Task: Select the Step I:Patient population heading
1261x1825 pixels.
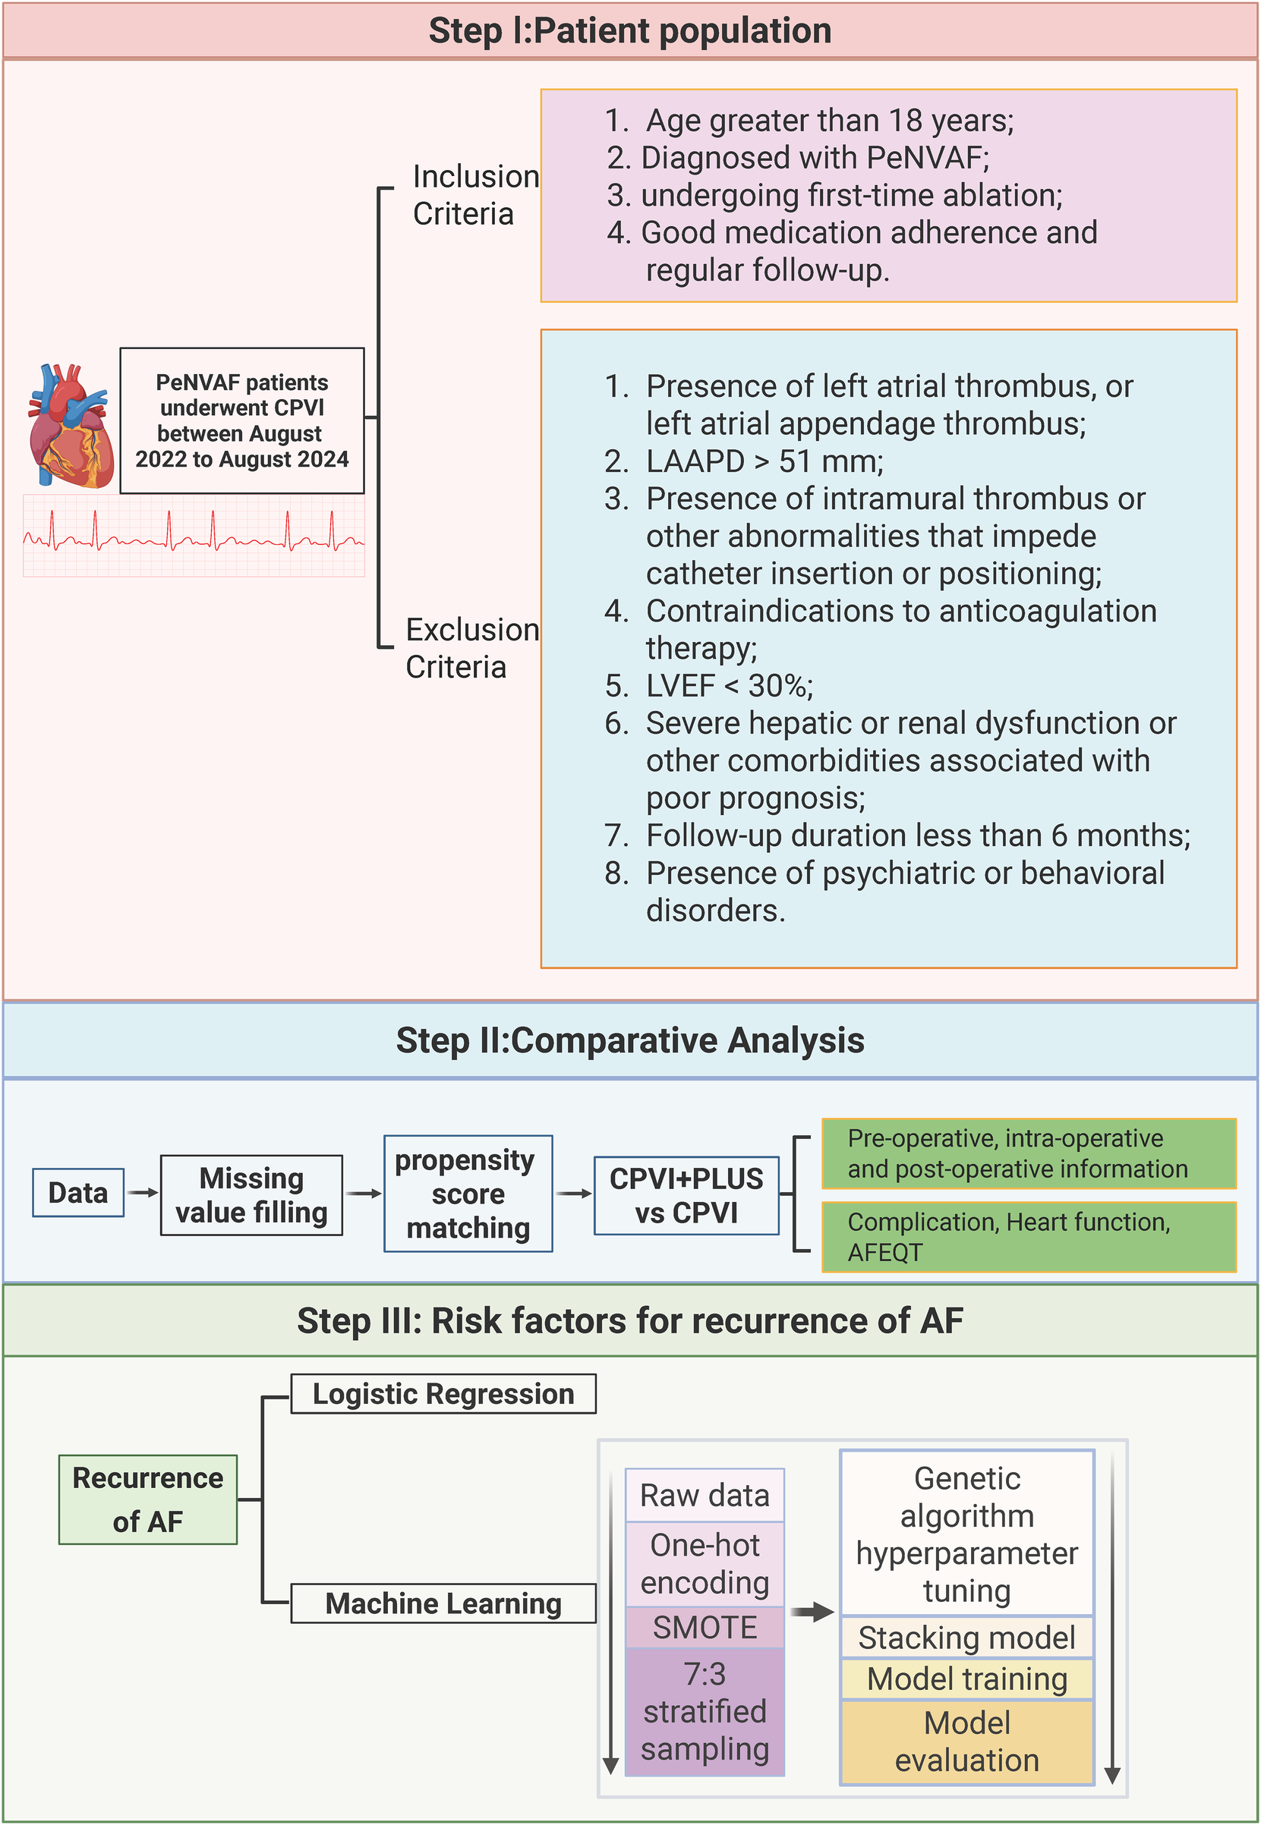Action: coord(629,32)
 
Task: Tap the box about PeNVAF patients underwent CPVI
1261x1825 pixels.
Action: coord(241,421)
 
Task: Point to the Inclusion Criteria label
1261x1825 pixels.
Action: coord(474,195)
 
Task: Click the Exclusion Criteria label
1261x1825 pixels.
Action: coord(471,647)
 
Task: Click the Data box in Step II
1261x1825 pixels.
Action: coord(78,1192)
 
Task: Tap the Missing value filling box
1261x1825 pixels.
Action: coord(251,1195)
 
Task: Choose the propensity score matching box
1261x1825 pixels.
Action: coord(468,1193)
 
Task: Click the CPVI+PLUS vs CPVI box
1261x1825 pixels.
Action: coord(686,1195)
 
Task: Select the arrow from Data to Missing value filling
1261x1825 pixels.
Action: coord(143,1192)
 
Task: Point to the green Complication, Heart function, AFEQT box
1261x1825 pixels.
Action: coord(1028,1237)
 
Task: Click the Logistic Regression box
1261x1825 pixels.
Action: coord(443,1394)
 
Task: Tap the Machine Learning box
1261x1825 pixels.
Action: coord(443,1603)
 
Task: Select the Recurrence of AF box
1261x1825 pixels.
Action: coord(148,1499)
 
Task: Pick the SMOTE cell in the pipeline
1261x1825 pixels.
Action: coord(704,1628)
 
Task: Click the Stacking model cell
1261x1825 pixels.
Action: coord(966,1638)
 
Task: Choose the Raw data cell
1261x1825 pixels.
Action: coord(704,1495)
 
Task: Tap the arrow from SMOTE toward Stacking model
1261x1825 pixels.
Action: coord(812,1613)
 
